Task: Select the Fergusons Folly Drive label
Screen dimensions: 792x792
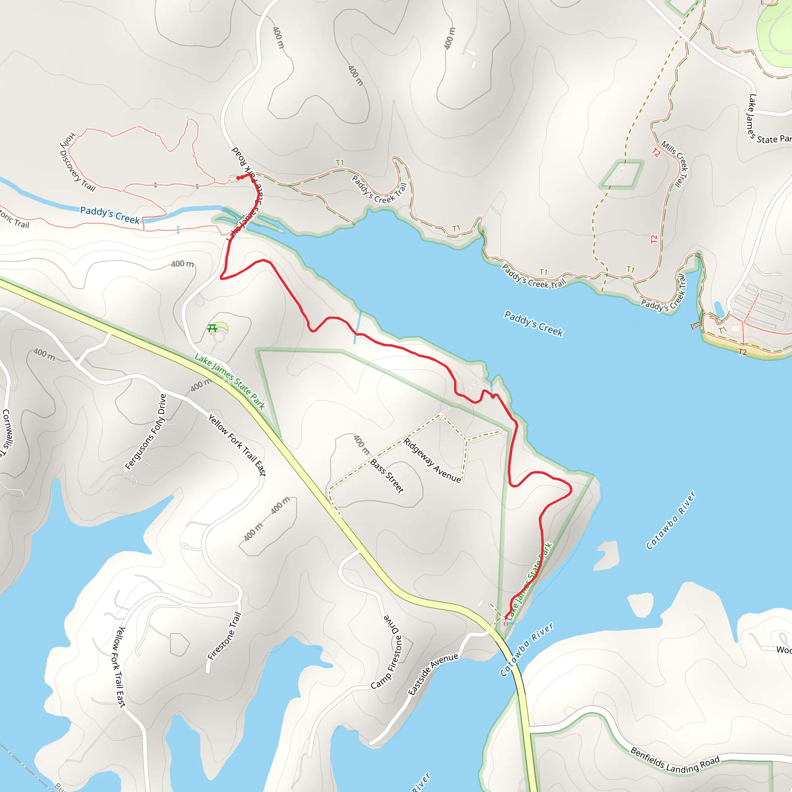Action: [146, 432]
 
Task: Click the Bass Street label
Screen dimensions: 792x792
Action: [387, 476]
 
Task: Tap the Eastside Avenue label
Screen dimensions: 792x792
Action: [433, 674]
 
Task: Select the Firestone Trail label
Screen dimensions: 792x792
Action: [225, 636]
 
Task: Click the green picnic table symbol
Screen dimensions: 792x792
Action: [212, 328]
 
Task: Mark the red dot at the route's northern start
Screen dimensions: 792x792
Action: [238, 178]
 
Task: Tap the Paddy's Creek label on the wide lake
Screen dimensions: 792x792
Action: [533, 323]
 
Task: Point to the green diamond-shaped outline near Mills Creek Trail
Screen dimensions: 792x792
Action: [621, 175]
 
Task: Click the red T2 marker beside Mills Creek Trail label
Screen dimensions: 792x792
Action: [656, 153]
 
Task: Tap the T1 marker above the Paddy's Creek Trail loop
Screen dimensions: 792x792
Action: [340, 163]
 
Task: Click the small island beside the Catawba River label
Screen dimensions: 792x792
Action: [606, 555]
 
